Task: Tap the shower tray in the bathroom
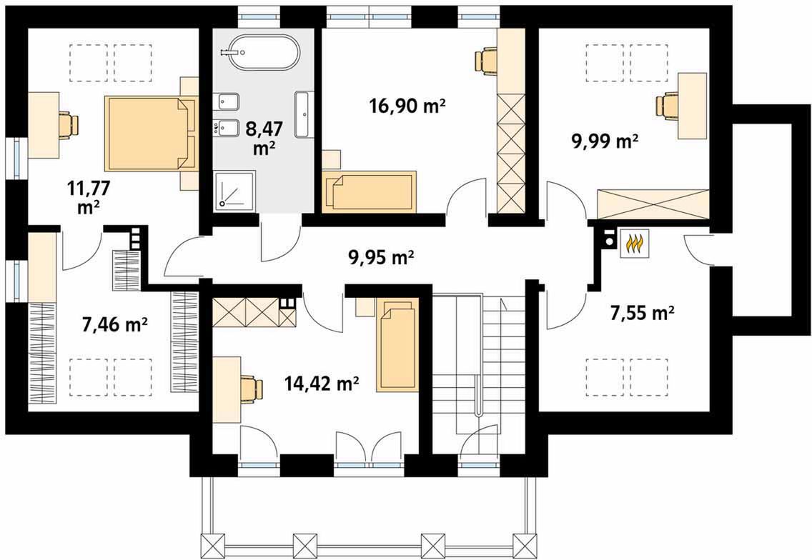point(234,190)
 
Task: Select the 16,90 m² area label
point(407,106)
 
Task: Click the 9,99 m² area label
point(604,141)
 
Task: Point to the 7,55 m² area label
point(642,313)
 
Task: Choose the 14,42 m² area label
point(322,384)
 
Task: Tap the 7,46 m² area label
point(115,324)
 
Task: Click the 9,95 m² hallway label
point(380,256)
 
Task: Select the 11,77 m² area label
point(89,196)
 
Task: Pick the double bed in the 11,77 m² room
point(151,133)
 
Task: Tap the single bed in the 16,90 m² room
point(369,191)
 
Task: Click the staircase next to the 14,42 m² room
point(479,362)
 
